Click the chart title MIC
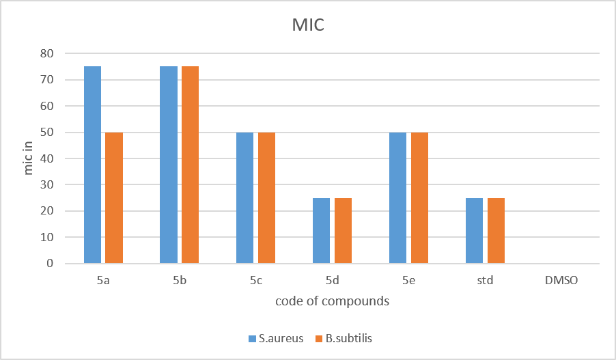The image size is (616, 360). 308,25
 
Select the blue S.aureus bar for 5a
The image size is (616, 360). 92,165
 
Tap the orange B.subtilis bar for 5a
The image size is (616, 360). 114,197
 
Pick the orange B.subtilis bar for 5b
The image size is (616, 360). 190,165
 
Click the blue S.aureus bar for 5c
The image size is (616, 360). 244,197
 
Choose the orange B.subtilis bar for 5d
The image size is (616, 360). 343,231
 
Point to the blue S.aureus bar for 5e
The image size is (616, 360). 397,197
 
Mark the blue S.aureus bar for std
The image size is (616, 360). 474,231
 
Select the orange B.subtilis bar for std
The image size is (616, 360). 496,231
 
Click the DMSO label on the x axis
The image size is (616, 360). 561,280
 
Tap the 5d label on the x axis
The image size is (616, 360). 333,280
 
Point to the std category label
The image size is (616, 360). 485,280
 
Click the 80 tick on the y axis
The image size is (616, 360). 46,53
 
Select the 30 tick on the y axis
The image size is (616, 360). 46,184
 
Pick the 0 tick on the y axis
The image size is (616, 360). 50,263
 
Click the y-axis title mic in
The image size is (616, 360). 28,158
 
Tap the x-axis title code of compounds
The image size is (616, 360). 333,301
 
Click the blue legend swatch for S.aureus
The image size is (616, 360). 252,338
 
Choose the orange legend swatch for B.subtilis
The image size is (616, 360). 319,338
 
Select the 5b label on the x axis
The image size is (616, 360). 180,280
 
